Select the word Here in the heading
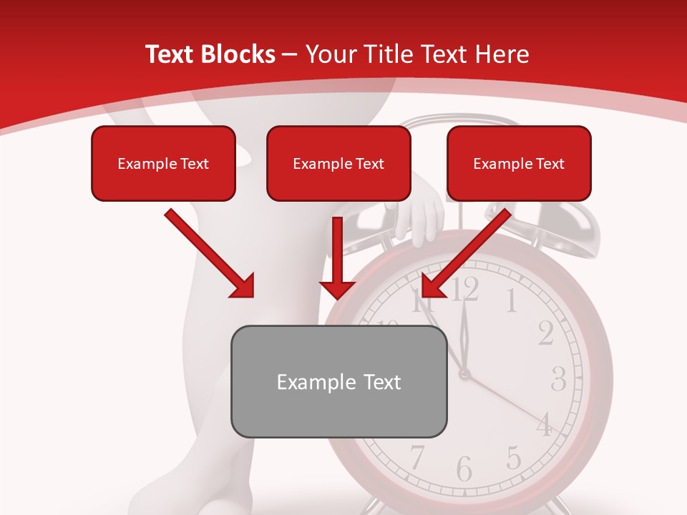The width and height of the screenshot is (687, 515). (500, 54)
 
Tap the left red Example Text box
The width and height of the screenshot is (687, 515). (163, 163)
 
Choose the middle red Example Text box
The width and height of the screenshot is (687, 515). (338, 163)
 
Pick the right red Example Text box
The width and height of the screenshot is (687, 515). (519, 163)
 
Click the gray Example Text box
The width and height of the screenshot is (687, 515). (338, 381)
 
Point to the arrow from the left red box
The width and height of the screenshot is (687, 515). (209, 253)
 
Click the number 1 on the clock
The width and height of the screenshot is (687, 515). (511, 301)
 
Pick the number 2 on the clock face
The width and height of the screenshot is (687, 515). (545, 333)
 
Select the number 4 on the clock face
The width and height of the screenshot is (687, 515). (545, 425)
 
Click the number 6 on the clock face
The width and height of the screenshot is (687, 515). (464, 469)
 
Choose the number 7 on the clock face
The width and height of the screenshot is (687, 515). (417, 456)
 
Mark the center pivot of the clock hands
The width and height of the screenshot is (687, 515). (464, 373)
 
